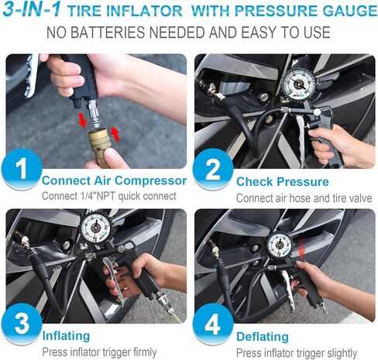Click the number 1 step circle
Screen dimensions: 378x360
pyautogui.click(x=22, y=170)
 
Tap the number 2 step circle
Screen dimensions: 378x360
pyautogui.click(x=213, y=170)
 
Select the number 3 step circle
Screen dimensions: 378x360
pyautogui.click(x=22, y=324)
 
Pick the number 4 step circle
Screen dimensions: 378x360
pyautogui.click(x=213, y=324)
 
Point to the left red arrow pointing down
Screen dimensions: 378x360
pyautogui.click(x=82, y=120)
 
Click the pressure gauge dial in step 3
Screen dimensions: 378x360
pyautogui.click(x=96, y=228)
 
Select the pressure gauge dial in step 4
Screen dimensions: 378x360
pyautogui.click(x=280, y=245)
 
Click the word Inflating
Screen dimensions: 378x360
pyautogui.click(x=66, y=336)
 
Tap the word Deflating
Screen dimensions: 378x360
pyautogui.click(x=263, y=337)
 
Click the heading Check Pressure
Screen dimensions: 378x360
pyautogui.click(x=283, y=182)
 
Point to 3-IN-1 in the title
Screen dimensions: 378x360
pyautogui.click(x=32, y=9)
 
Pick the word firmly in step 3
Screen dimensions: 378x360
pyautogui.click(x=145, y=352)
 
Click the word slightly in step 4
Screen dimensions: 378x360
pyautogui.click(x=342, y=353)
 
